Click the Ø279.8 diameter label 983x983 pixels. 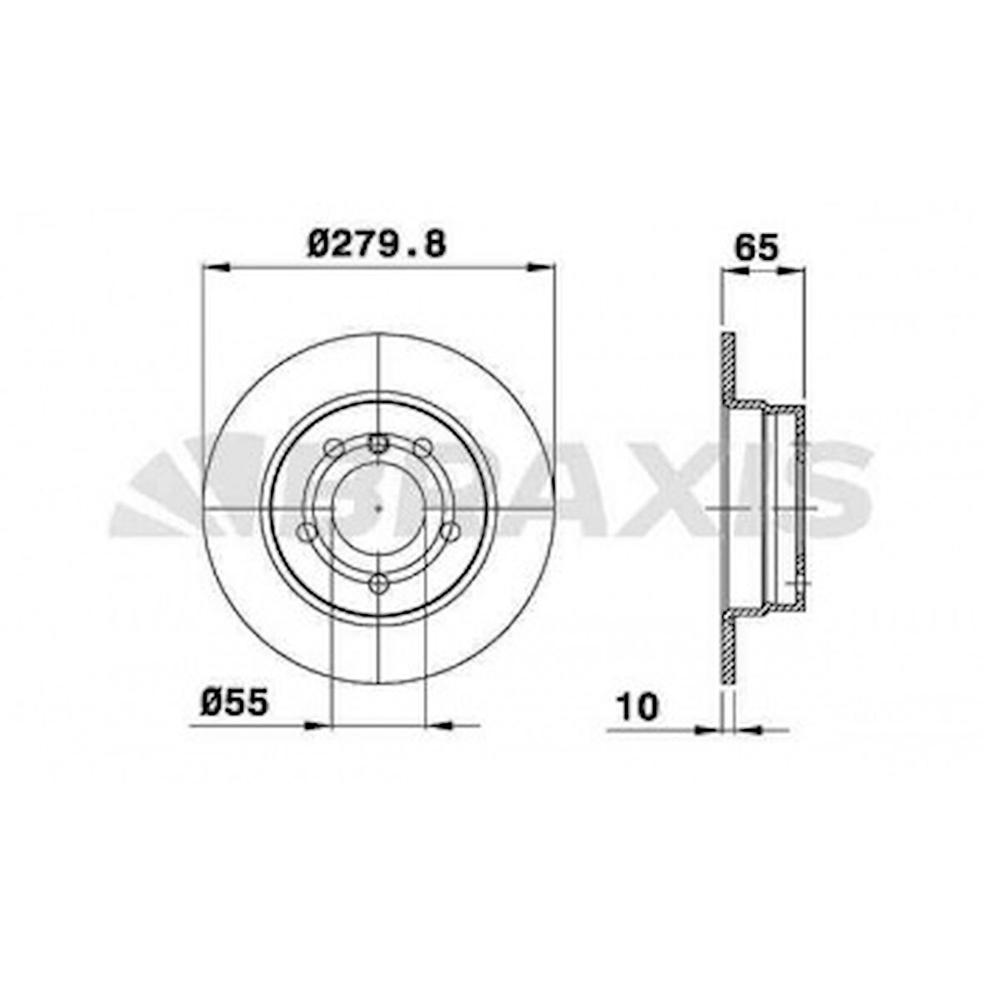[x=377, y=243]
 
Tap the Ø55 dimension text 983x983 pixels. [x=234, y=703]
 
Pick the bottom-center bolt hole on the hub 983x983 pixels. [x=378, y=583]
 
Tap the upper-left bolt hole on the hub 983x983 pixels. [x=334, y=448]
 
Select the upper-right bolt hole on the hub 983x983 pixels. [x=422, y=448]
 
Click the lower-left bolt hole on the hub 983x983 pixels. [x=307, y=531]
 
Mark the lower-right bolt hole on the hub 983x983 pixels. [x=450, y=531]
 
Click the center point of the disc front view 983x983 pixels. [x=378, y=508]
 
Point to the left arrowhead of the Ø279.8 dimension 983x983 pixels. [x=213, y=267]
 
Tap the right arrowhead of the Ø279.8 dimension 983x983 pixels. [x=541, y=267]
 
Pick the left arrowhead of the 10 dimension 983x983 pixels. [x=711, y=730]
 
